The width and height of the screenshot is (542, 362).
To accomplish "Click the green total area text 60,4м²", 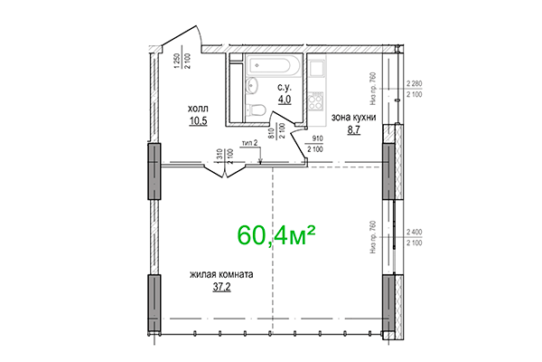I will click(276, 234).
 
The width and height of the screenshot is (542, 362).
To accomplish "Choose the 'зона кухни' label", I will click(353, 118).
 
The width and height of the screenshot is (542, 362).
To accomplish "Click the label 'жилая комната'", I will click(221, 275).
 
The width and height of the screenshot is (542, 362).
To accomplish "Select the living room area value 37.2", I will click(221, 288).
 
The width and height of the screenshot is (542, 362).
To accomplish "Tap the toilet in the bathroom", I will click(257, 110).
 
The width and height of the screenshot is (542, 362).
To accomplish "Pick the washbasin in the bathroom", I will click(251, 87).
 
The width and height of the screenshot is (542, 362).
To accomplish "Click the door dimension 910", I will click(317, 139).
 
